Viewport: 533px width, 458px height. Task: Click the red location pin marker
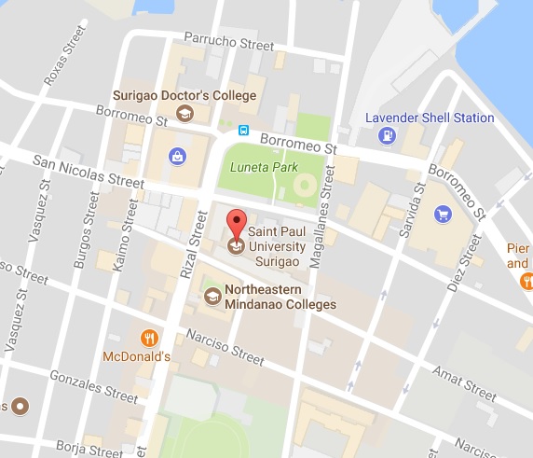tap(236, 227)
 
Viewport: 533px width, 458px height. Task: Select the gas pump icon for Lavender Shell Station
tap(386, 136)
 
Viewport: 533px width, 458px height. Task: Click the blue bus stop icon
tap(243, 131)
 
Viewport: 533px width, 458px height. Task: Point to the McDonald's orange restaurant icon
tap(147, 338)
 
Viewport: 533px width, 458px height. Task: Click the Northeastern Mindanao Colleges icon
tap(212, 297)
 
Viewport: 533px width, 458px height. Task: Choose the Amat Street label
tap(463, 378)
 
